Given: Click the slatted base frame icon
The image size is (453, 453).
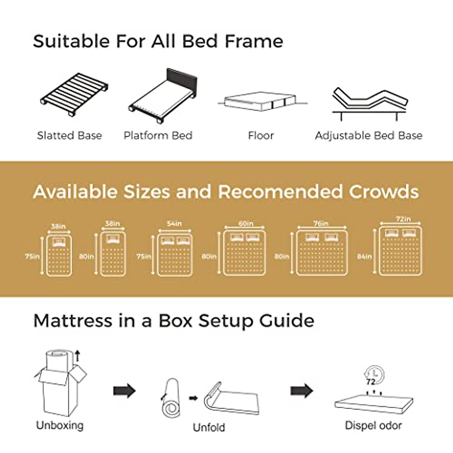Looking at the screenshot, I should click(x=74, y=94).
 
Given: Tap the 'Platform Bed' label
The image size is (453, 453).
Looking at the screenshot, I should click(x=158, y=136).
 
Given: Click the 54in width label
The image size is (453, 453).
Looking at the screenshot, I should click(x=174, y=223).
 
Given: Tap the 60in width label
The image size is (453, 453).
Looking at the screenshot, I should click(x=246, y=223).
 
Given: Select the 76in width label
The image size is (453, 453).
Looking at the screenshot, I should click(x=321, y=223).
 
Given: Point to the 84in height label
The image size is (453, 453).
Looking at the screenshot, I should click(x=364, y=256).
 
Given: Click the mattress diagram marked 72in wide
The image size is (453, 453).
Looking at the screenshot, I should click(x=401, y=251).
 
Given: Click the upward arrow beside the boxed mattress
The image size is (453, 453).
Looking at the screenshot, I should click(x=77, y=355).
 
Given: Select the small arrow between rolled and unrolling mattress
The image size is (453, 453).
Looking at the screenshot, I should click(x=193, y=398).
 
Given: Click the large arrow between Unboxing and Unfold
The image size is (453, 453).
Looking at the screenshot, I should click(x=124, y=390).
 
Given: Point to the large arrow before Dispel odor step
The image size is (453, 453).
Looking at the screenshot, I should click(x=302, y=390).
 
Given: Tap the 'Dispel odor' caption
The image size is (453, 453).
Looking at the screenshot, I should click(x=373, y=425).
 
